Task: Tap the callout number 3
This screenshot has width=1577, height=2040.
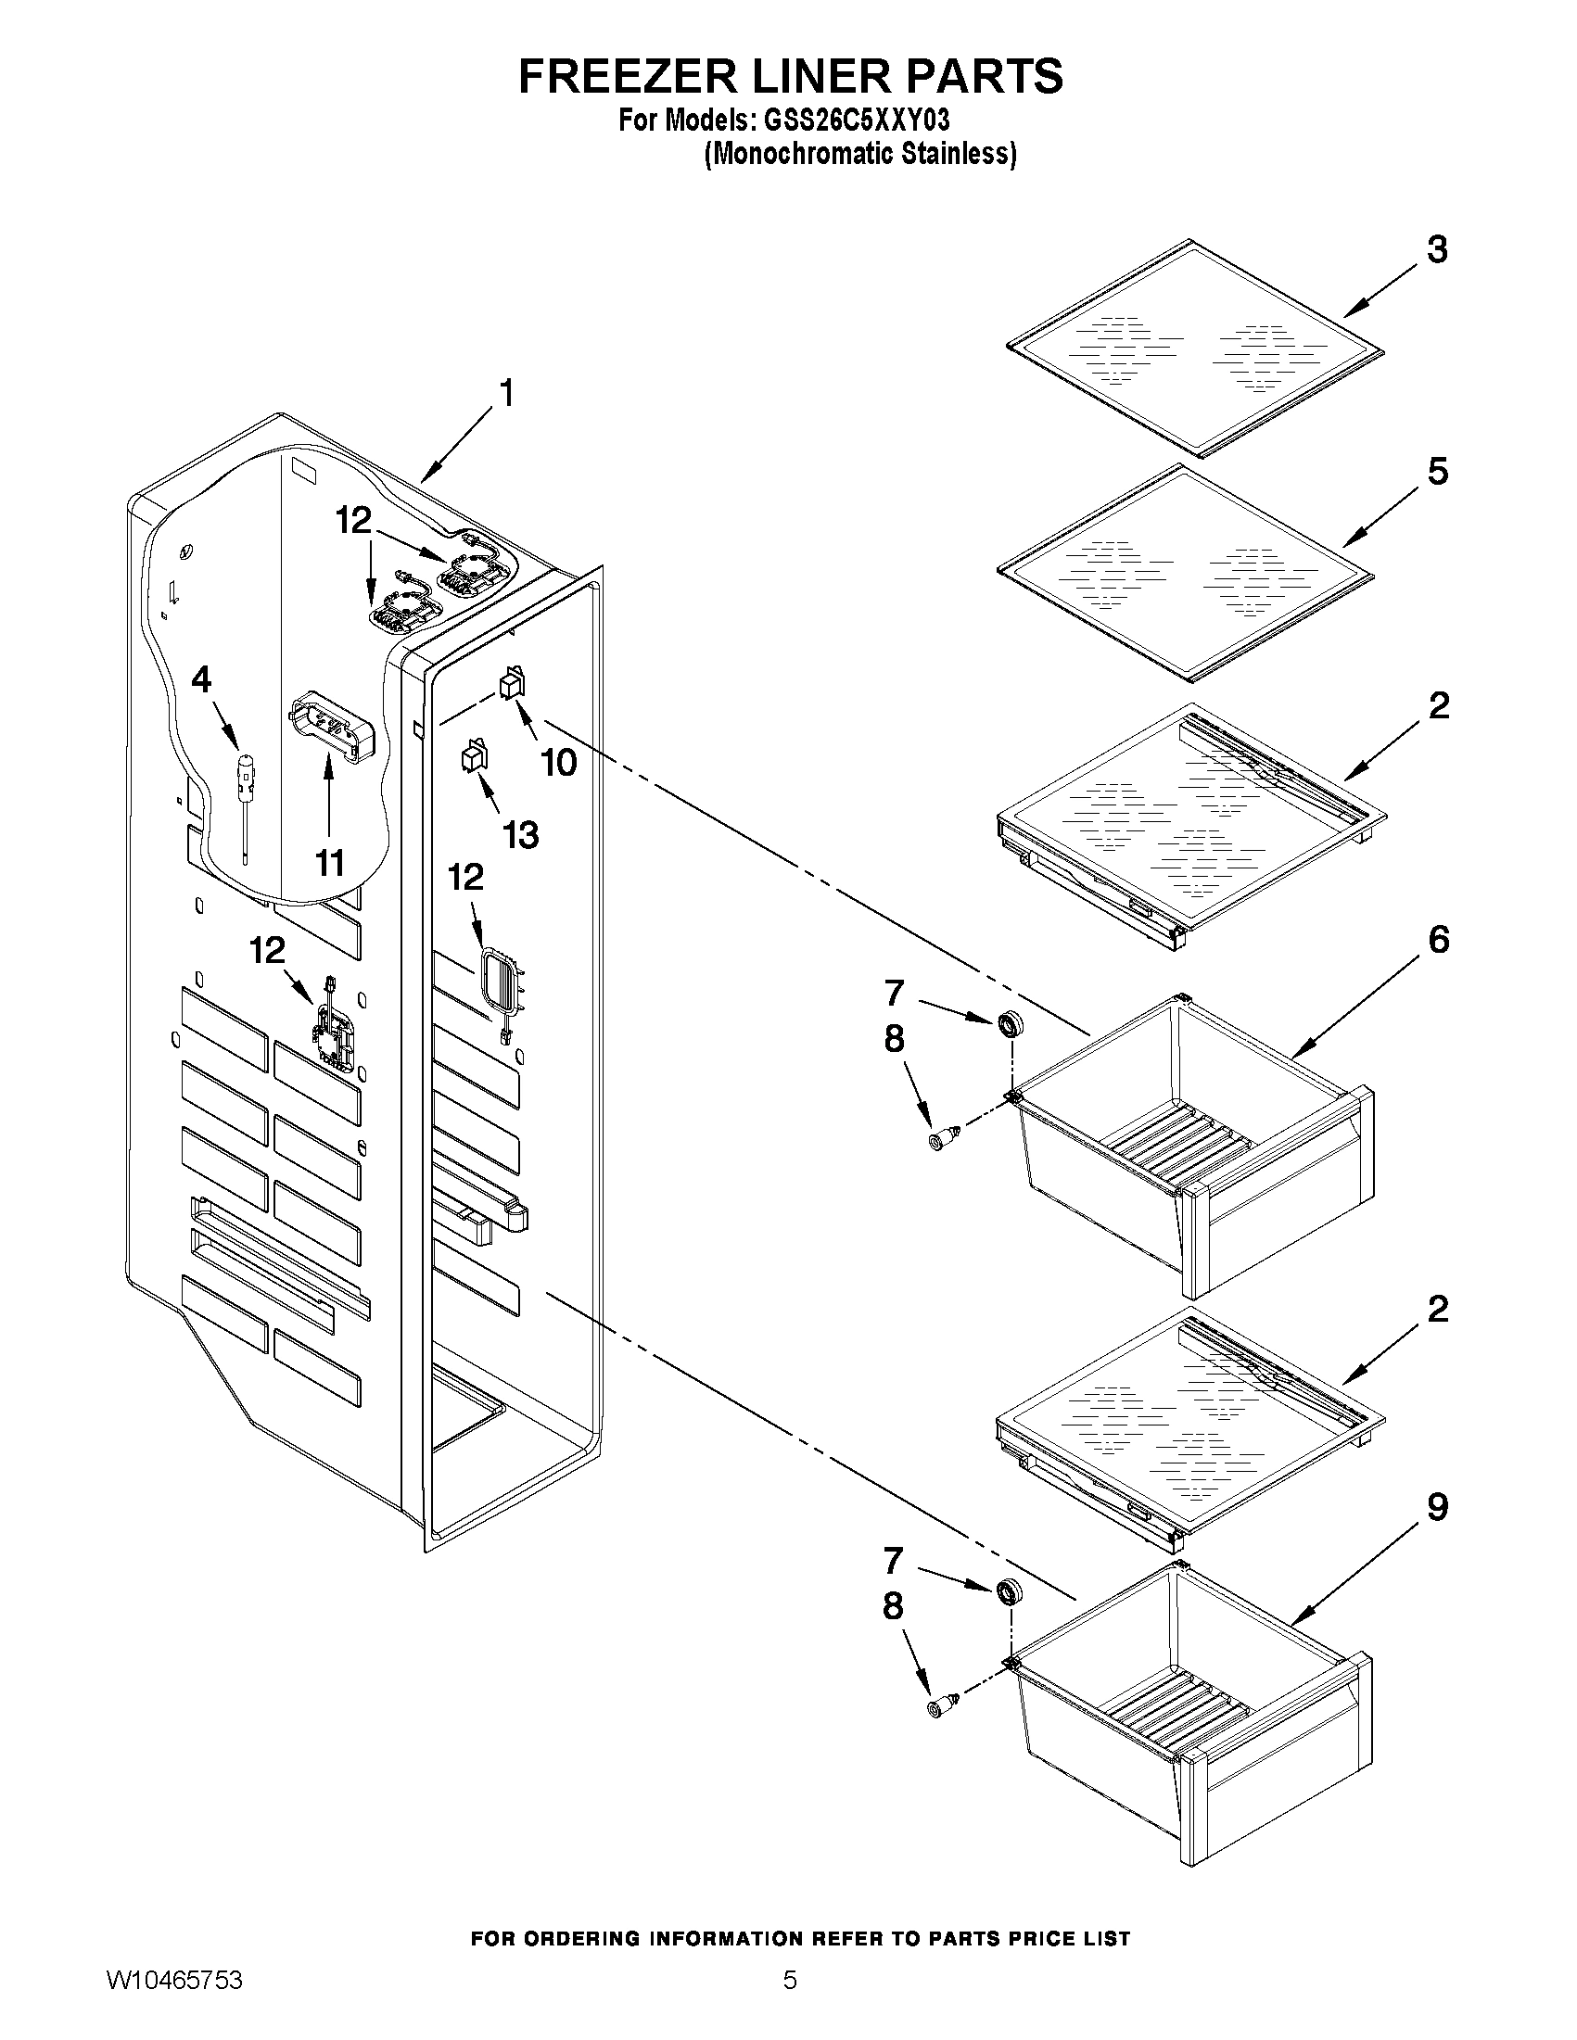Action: coord(1437,249)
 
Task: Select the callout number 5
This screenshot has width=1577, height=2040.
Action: coord(1437,472)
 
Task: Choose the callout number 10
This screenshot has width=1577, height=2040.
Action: coord(560,762)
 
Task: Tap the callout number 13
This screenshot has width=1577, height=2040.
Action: coord(520,834)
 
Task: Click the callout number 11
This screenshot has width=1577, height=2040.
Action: coord(329,863)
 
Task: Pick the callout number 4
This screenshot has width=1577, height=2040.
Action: coord(201,679)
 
